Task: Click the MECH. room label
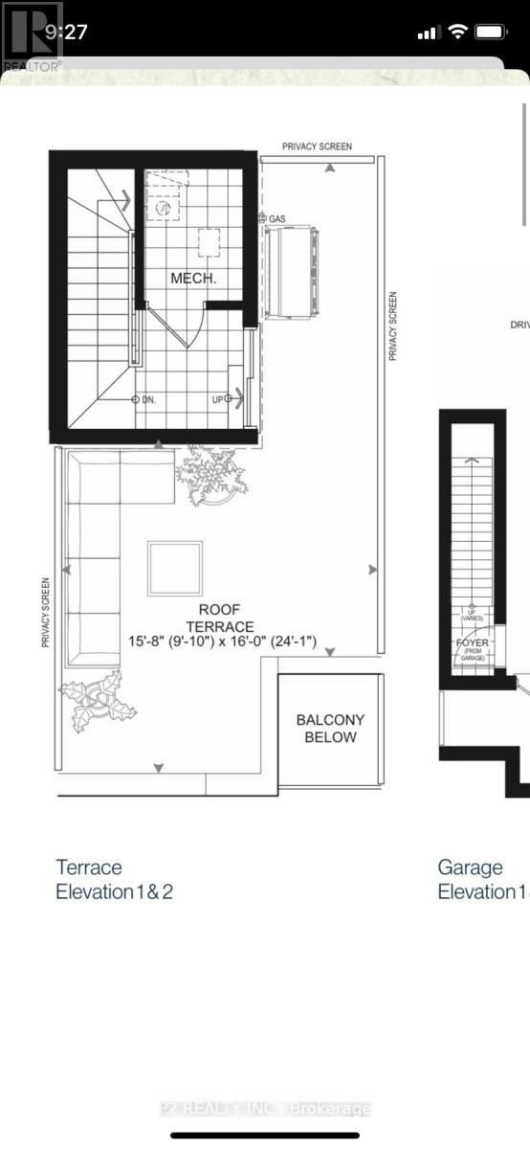click(x=193, y=279)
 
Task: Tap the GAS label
click(x=277, y=219)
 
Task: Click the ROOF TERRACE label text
click(x=219, y=618)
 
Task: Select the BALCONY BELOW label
click(x=330, y=729)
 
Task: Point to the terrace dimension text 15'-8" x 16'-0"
click(x=224, y=642)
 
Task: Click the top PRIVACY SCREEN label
click(x=317, y=146)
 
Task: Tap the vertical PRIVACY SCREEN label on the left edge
click(x=45, y=613)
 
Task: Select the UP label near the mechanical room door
click(x=218, y=399)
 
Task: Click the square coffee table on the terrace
click(x=174, y=569)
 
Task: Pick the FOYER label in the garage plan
click(x=471, y=643)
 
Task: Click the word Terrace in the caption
click(x=89, y=867)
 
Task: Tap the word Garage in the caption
click(x=471, y=867)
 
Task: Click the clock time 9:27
click(x=66, y=32)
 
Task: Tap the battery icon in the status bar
click(x=491, y=32)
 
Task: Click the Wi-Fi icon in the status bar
click(x=457, y=32)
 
